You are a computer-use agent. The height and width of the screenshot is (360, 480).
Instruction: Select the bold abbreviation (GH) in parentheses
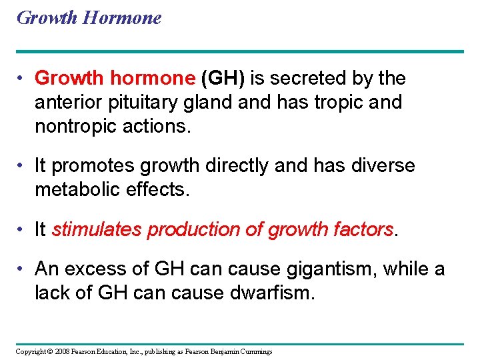tap(223, 79)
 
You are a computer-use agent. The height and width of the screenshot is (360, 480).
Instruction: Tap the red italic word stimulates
tap(97, 230)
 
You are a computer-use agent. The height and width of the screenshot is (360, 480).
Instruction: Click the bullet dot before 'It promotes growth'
tap(22, 166)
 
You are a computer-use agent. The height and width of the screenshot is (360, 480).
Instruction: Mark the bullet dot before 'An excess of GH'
tap(22, 269)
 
